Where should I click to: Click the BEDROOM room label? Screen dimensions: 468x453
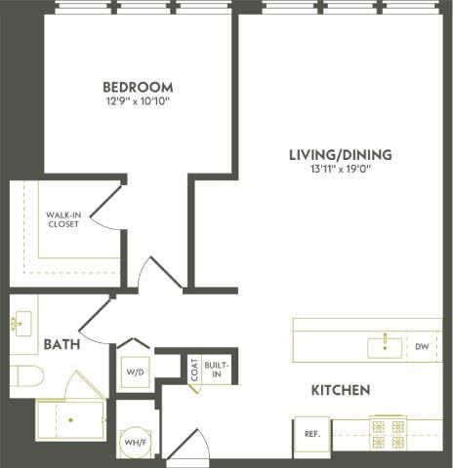pos(138,85)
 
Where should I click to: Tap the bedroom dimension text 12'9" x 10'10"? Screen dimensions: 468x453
pos(138,100)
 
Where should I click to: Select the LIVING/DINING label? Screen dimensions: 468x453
pos(340,154)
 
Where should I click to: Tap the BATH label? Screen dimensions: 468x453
pos(61,343)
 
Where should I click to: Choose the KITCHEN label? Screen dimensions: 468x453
pos(340,390)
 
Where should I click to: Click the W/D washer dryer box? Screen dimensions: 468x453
pos(134,371)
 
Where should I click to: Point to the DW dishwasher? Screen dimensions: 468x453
pos(422,346)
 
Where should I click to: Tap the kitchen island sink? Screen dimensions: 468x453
pos(384,345)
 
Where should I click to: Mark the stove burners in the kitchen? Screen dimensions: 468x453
pos(391,432)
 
